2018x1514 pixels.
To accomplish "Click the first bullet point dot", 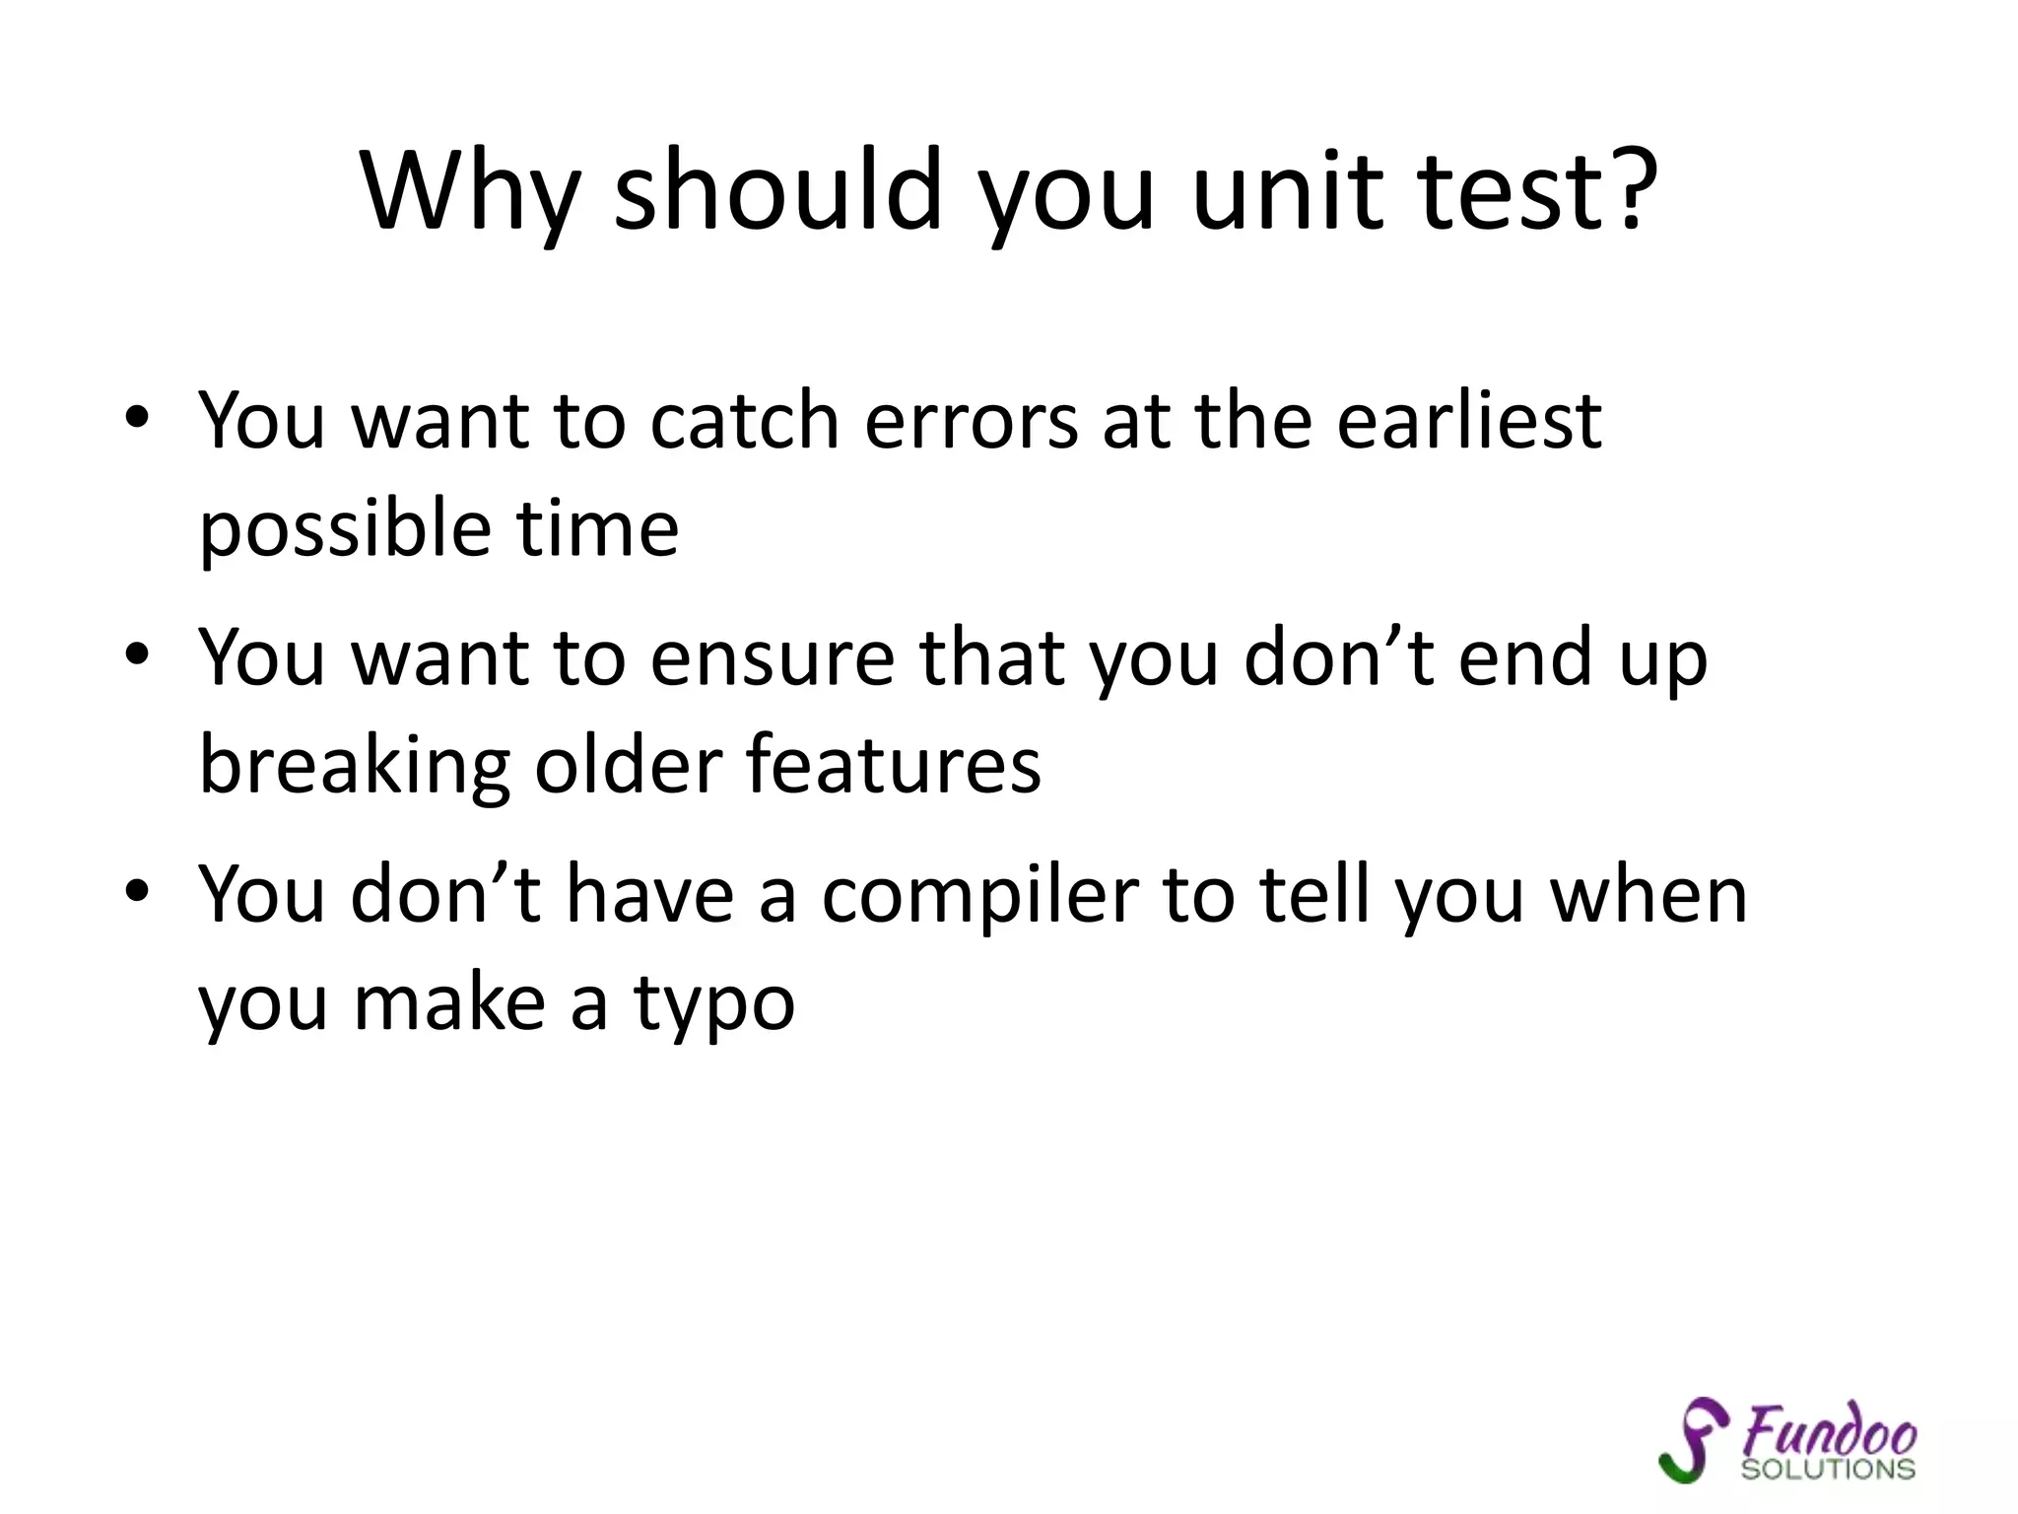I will (137, 418).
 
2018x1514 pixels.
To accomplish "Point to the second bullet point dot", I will (137, 654).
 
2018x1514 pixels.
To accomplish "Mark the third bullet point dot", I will (137, 892).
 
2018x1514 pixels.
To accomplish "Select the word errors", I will (972, 422).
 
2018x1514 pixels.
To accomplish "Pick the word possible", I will (345, 530).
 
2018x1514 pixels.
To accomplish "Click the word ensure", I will (772, 658).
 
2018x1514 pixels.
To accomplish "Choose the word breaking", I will (355, 767).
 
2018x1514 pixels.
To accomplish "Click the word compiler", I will (980, 897).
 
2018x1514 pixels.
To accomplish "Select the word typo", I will (713, 1005).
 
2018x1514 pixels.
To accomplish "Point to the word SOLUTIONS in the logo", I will (1828, 1470).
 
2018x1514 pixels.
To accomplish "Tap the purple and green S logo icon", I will (1693, 1439).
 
